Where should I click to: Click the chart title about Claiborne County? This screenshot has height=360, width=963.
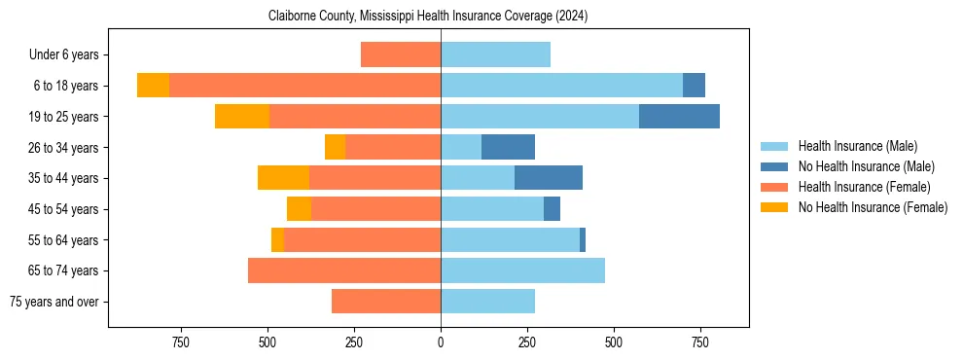pyautogui.click(x=428, y=17)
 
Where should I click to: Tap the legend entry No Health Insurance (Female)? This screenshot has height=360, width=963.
pyautogui.click(x=873, y=207)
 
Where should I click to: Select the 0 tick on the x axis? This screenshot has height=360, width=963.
pyautogui.click(x=441, y=342)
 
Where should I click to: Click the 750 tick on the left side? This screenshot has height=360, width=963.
pyautogui.click(x=181, y=342)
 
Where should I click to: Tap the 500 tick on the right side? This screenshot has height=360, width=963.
pyautogui.click(x=614, y=342)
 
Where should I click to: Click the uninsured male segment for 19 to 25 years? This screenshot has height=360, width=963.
pyautogui.click(x=679, y=117)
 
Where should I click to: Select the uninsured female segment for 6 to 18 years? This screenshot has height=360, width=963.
pyautogui.click(x=153, y=86)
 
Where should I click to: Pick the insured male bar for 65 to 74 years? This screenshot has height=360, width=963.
pyautogui.click(x=522, y=270)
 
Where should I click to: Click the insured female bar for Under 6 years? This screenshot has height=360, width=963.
pyautogui.click(x=401, y=55)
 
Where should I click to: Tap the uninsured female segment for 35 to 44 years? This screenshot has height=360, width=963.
pyautogui.click(x=283, y=178)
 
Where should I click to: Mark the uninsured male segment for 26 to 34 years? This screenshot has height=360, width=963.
pyautogui.click(x=508, y=147)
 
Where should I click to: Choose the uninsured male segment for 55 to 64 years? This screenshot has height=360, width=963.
pyautogui.click(x=583, y=239)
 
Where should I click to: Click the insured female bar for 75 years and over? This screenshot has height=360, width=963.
pyautogui.click(x=386, y=302)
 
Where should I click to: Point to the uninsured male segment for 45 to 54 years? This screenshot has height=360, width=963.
pyautogui.click(x=552, y=209)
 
